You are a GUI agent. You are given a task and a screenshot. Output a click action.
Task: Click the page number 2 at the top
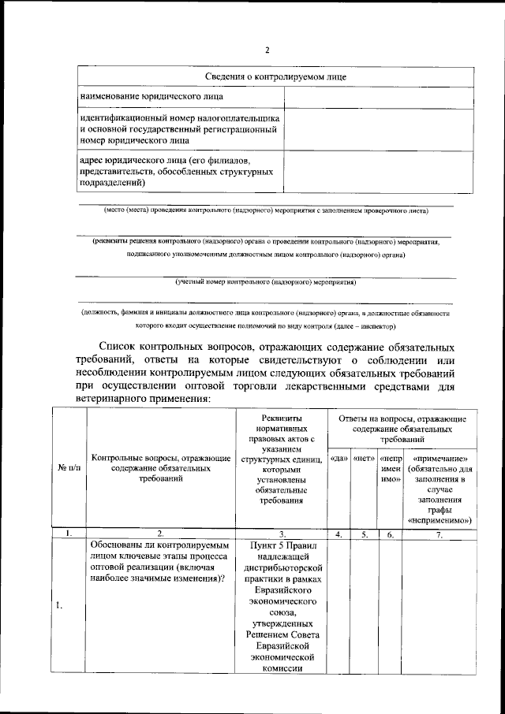click(267, 50)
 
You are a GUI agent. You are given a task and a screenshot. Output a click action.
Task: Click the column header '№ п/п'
click(69, 467)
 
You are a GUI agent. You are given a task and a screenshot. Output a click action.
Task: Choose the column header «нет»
click(364, 458)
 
